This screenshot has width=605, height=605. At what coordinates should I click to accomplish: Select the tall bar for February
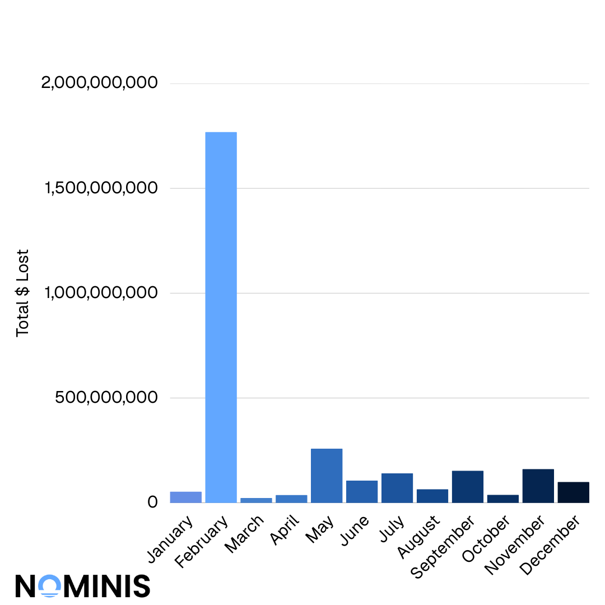click(221, 317)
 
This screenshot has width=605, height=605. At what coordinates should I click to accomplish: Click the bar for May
click(327, 476)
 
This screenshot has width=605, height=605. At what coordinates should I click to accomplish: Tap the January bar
click(185, 497)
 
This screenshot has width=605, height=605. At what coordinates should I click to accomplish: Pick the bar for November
click(538, 486)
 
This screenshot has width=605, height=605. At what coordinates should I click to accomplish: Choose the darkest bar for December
click(573, 492)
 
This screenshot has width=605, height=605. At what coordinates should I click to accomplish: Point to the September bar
click(467, 486)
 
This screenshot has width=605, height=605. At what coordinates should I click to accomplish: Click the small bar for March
click(256, 500)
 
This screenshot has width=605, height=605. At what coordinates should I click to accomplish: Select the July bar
click(397, 488)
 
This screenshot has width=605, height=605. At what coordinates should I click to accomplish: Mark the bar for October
click(502, 499)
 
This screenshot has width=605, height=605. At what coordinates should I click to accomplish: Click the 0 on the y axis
click(152, 502)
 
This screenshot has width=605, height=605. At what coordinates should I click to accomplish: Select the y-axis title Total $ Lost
click(22, 293)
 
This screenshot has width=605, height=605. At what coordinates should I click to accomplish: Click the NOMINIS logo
click(82, 585)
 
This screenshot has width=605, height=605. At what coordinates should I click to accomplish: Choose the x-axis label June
click(355, 529)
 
